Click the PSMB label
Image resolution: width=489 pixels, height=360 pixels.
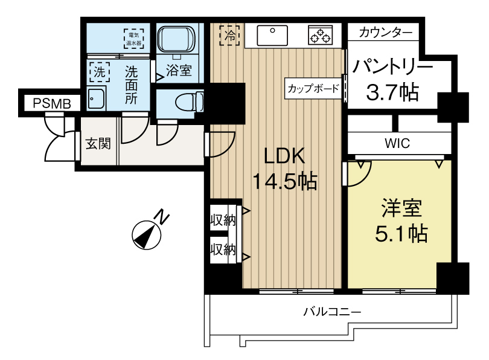pos(52,103)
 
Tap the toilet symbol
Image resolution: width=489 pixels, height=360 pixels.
pos(190,101)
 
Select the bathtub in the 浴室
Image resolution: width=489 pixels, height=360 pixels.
pos(176,40)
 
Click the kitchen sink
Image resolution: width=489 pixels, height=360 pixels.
pos(272,35)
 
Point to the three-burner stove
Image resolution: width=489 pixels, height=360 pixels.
pos(321,35)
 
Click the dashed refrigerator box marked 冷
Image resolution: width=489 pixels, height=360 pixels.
pos(230,36)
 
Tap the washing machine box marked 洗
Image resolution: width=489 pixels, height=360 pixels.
pos(100,72)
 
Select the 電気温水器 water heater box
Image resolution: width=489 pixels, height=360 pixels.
pos(134,39)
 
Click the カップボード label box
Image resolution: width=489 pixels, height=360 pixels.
pos(313,89)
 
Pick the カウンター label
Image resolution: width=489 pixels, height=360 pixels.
pos(385,33)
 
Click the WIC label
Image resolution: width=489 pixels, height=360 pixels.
pos(397,144)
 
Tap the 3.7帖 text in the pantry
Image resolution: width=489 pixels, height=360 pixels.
pos(392,92)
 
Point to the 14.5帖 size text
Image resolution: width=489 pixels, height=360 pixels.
pos(284,181)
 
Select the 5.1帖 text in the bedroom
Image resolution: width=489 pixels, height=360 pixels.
pos(401,234)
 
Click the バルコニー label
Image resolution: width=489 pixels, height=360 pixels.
pos(333,312)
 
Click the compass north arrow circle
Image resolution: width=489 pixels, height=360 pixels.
pos(146,236)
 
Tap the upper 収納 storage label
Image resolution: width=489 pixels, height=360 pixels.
pos(223,220)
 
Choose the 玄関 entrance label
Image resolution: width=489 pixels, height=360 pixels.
pos(98,144)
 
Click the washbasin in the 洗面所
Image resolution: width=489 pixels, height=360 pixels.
pos(96,98)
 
